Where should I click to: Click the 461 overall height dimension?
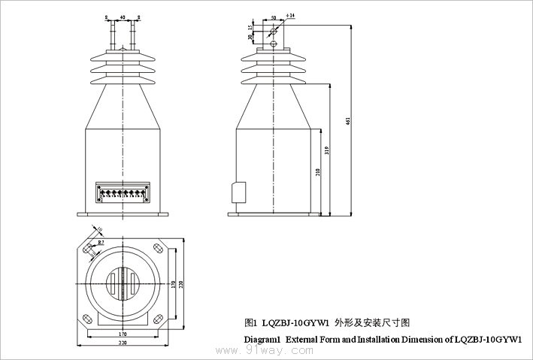[x=347, y=123]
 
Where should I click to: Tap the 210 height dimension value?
[x=318, y=172]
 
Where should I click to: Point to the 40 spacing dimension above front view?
[x=123, y=15]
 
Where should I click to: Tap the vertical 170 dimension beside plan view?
[x=174, y=285]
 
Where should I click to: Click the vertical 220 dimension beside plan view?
[x=181, y=285]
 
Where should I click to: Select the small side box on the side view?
[x=238, y=192]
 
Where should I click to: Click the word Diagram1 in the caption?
[x=262, y=340]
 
